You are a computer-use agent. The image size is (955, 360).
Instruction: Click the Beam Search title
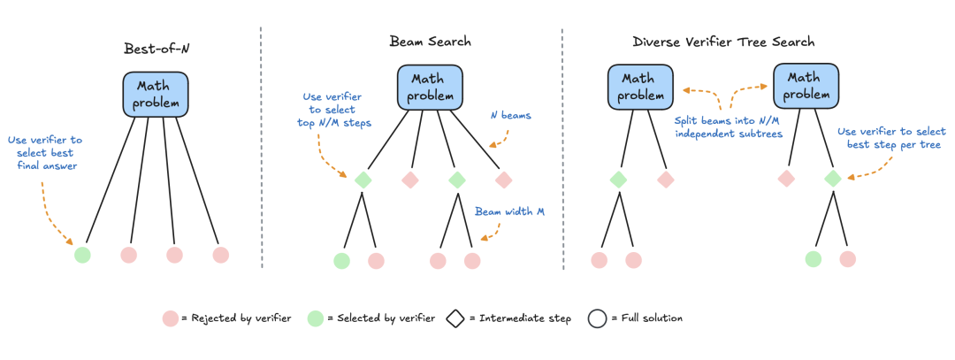click(x=430, y=42)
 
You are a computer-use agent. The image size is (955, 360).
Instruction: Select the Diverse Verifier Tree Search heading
click(x=723, y=42)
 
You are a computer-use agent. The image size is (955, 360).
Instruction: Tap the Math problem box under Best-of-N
click(x=156, y=95)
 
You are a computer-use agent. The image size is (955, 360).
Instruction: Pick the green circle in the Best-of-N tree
click(x=82, y=255)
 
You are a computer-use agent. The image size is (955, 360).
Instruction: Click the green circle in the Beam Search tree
click(x=342, y=261)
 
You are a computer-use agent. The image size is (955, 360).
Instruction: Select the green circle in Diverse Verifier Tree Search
click(x=814, y=259)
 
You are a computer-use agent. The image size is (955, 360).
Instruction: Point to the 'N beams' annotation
click(x=509, y=115)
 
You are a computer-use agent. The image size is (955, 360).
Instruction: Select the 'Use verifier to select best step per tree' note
click(x=889, y=137)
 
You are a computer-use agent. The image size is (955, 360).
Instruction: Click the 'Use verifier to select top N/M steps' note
click(x=333, y=110)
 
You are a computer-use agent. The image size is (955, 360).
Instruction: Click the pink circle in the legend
click(x=171, y=318)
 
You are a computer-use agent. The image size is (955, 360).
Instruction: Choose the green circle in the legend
click(x=315, y=318)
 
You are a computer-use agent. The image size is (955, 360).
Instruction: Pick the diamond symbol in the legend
click(x=455, y=318)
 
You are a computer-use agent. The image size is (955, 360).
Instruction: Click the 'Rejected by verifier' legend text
click(x=240, y=318)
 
